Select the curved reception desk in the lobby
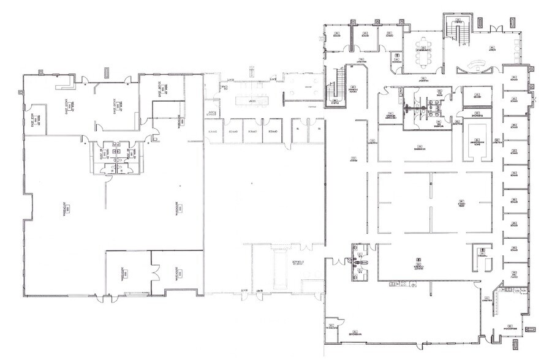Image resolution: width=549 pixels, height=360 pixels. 477,64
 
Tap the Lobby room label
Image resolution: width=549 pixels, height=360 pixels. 492,48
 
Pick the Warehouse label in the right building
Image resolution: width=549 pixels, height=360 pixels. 354,334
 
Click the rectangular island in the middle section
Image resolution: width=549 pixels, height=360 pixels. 251,101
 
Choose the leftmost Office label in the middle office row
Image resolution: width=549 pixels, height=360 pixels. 213,131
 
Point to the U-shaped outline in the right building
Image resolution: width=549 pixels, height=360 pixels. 477,140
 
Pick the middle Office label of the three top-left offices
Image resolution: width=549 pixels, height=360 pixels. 365,34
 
